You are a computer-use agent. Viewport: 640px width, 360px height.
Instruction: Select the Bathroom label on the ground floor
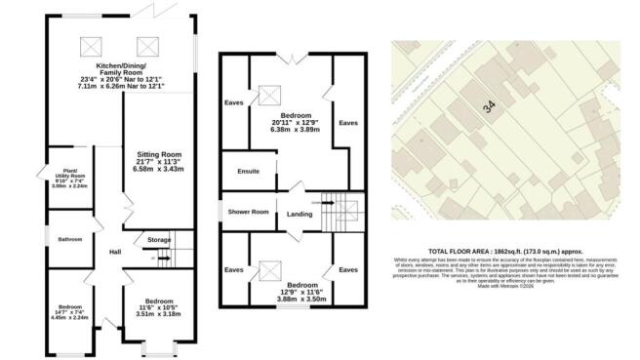click(69, 238)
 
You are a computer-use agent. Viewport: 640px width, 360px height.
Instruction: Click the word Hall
click(113, 253)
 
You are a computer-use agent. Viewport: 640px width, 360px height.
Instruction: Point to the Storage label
click(159, 238)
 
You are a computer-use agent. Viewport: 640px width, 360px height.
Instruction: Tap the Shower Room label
click(248, 212)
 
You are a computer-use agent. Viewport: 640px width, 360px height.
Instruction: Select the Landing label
click(299, 216)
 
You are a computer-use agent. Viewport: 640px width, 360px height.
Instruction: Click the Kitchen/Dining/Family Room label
click(121, 65)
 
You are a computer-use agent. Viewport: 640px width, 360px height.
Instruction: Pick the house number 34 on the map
click(487, 110)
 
